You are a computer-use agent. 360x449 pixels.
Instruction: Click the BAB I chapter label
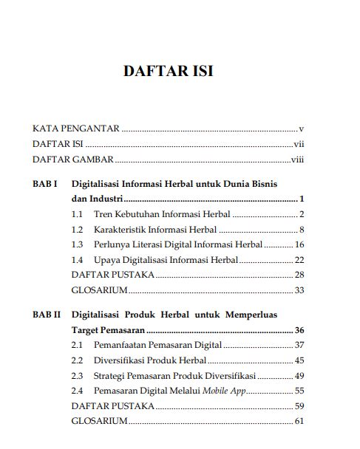(45, 182)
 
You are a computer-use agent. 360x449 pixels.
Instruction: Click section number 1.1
(77, 214)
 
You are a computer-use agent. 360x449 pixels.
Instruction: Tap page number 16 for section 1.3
(299, 244)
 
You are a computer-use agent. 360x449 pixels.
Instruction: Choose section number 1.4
(77, 259)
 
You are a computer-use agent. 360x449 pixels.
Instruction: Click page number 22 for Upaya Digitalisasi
(299, 259)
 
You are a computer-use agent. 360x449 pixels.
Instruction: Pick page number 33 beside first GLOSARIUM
(299, 290)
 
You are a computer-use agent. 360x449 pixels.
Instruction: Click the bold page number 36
(299, 330)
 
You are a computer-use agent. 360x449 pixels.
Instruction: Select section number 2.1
(77, 345)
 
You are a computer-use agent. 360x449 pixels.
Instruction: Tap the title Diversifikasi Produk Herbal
(150, 360)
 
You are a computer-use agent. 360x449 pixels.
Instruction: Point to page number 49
(299, 376)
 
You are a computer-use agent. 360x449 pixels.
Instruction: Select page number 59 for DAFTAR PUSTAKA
(299, 406)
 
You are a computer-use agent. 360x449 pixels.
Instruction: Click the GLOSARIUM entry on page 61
(99, 422)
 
